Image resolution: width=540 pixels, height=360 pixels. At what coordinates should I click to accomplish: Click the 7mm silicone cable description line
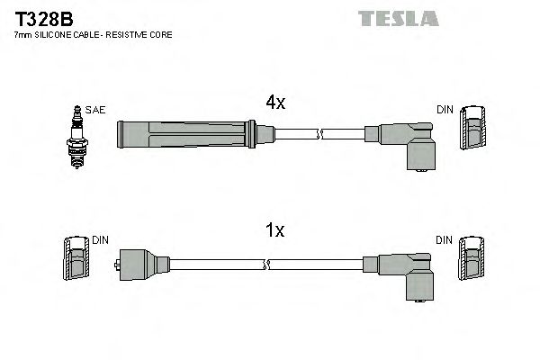point(94,34)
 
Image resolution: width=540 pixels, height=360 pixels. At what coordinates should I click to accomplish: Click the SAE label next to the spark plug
point(96,110)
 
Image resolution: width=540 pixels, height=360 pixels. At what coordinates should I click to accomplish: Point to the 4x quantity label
point(274,103)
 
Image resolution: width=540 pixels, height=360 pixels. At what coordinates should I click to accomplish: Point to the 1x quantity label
point(274,230)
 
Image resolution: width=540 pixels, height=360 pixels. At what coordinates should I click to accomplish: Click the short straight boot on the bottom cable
point(141,265)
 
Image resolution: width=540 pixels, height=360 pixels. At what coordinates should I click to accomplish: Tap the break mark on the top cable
point(319,136)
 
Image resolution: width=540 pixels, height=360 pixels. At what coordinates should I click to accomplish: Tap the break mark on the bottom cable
point(266,265)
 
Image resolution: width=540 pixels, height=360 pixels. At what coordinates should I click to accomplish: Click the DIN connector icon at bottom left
point(76,261)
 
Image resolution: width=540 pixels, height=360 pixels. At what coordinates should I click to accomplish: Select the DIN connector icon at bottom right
point(471,261)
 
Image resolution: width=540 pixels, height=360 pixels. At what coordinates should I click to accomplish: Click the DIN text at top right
point(445,110)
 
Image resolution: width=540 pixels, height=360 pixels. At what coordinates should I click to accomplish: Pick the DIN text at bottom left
point(100,240)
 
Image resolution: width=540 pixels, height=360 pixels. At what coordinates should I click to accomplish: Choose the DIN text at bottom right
point(445,240)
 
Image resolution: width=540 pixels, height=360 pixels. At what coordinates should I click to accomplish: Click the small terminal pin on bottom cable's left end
point(118,265)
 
